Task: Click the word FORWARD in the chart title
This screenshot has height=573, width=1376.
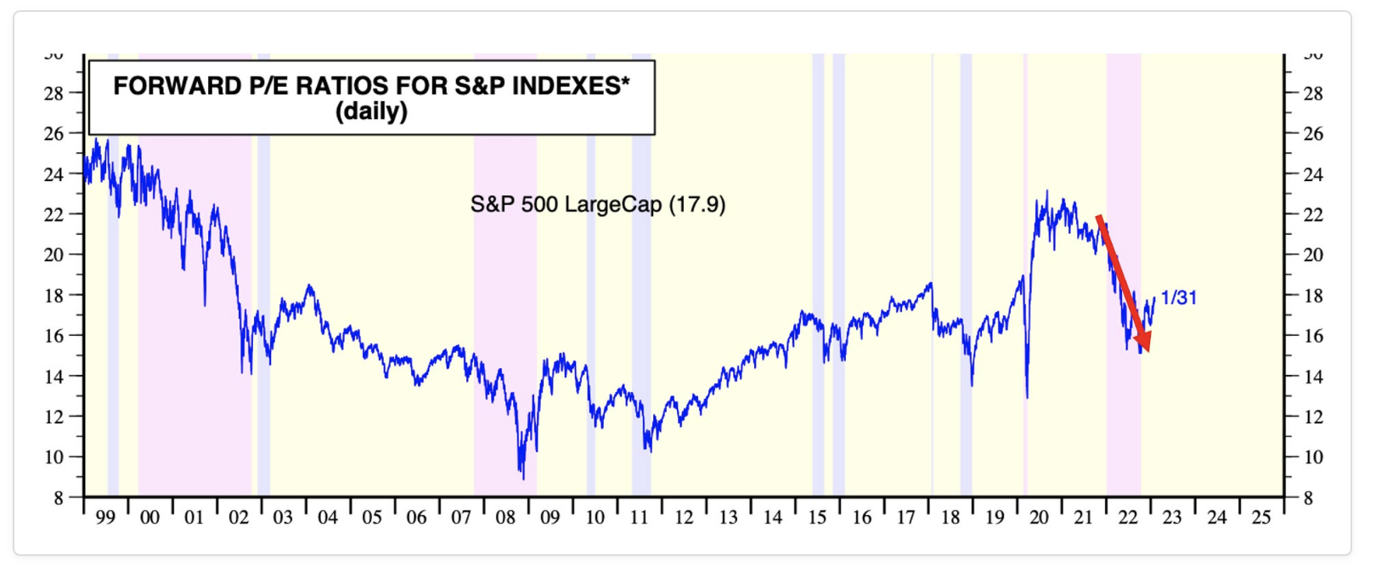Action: click(x=177, y=86)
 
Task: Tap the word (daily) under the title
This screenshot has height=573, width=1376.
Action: click(x=371, y=111)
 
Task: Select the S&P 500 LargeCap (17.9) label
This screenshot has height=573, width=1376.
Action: click(x=598, y=205)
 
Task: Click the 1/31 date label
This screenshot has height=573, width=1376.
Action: click(x=1179, y=298)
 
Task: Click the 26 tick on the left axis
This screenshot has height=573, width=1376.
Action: click(x=54, y=133)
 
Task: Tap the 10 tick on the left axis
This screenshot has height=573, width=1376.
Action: click(x=54, y=457)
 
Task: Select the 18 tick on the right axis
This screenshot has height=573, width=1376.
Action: click(x=1313, y=296)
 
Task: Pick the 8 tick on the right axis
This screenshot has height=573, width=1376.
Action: click(x=1308, y=498)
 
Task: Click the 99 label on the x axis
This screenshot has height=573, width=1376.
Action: click(x=105, y=518)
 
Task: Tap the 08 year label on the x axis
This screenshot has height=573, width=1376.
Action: click(x=505, y=518)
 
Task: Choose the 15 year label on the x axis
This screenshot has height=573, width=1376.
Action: click(x=817, y=518)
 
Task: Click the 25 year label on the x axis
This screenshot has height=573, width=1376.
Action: click(x=1261, y=518)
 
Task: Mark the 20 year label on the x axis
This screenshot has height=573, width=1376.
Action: click(x=1039, y=518)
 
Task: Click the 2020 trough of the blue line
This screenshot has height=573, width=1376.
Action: click(x=1027, y=396)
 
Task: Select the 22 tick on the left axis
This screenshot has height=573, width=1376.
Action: click(x=54, y=214)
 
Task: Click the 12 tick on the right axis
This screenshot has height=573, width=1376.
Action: click(x=1313, y=417)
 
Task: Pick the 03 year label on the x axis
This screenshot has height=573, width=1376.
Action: click(x=283, y=518)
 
